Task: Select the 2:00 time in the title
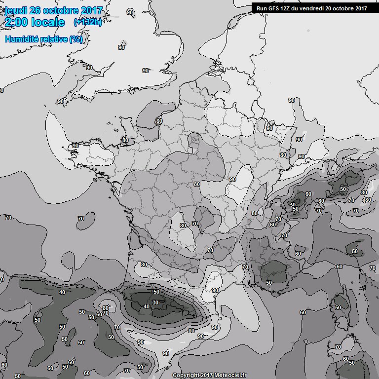[16, 23]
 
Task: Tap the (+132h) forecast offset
[88, 22]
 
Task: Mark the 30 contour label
[155, 303]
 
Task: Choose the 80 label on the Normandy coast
[159, 121]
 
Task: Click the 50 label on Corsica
[338, 307]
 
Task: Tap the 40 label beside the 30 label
[146, 306]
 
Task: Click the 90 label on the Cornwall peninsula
[61, 101]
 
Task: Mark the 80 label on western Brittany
[125, 140]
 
